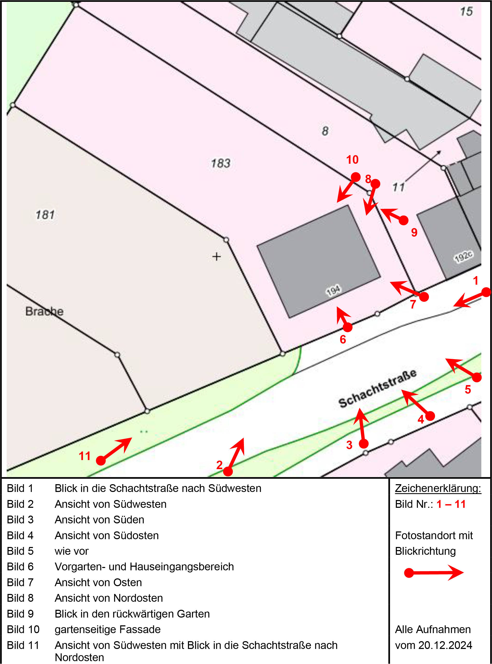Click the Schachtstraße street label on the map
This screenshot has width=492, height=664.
click(x=377, y=388)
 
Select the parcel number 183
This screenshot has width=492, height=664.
click(x=221, y=163)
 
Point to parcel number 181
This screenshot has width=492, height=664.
click(x=45, y=215)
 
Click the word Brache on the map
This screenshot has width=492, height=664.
click(x=44, y=311)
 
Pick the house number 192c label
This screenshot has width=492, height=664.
click(x=463, y=256)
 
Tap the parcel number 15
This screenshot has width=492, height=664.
click(x=466, y=11)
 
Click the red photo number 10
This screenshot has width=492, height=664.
click(x=352, y=160)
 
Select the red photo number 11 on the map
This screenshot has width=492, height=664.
click(x=85, y=456)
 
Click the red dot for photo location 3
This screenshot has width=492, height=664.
click(x=364, y=444)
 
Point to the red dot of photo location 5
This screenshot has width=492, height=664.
click(x=477, y=377)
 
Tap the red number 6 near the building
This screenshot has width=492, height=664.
click(x=343, y=339)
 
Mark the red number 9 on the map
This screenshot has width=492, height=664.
click(x=414, y=232)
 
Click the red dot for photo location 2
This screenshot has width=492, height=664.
click(x=228, y=471)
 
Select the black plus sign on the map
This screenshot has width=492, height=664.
click(x=216, y=256)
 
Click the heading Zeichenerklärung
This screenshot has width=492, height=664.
click(x=438, y=488)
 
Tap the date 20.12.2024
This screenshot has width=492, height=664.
click(x=445, y=645)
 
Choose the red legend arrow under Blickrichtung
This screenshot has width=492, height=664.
click(x=434, y=572)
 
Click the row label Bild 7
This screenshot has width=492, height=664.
click(x=20, y=582)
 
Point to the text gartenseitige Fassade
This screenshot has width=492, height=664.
click(x=108, y=629)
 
